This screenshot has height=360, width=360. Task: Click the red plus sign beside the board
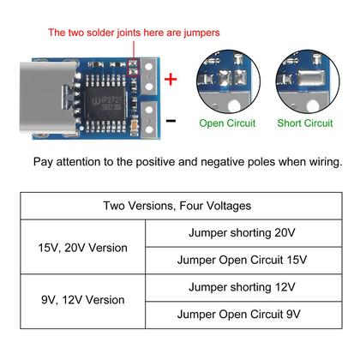(170, 80)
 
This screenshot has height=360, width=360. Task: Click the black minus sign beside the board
(170, 120)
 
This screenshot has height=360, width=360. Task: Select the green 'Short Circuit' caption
(304, 123)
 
